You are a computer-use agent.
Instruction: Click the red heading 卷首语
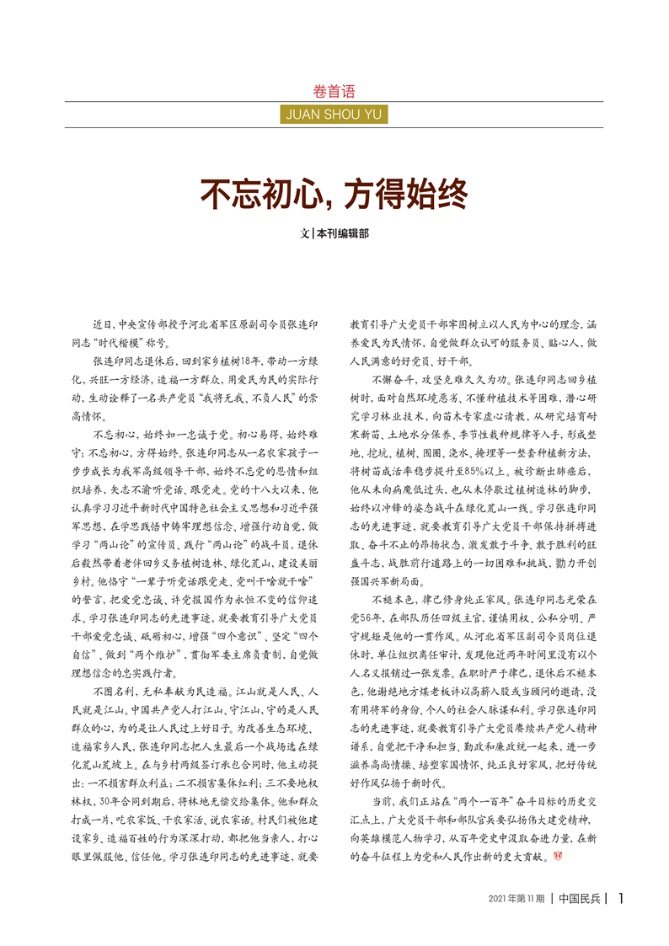(334, 92)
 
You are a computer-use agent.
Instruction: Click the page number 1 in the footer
(621, 898)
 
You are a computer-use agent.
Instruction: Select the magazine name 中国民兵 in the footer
(580, 899)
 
